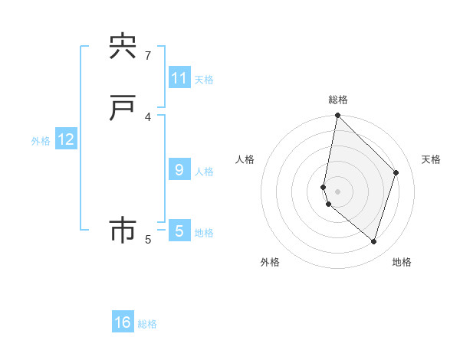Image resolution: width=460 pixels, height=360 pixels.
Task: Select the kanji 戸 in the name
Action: pos(123,109)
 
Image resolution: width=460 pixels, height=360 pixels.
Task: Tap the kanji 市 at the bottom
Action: pos(123,231)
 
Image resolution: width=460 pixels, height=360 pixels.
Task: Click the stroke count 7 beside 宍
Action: pos(148,55)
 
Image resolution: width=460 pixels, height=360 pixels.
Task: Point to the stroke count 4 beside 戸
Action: pos(148,116)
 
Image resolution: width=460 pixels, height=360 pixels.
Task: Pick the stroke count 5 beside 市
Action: pos(148,239)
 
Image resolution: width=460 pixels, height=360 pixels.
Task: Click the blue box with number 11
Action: pos(179,78)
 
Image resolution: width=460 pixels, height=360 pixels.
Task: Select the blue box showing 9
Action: pos(179,170)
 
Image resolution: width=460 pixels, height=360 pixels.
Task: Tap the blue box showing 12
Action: pos(66,139)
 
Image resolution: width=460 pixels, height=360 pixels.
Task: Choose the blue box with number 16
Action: pos(123,322)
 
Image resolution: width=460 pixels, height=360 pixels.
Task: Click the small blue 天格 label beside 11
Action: pos(204,80)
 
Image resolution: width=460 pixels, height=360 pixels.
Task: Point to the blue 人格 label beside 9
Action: pos(204,172)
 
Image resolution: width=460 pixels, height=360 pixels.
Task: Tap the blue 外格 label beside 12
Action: pos(41,141)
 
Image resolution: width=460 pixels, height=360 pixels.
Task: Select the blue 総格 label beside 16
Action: pos(147,324)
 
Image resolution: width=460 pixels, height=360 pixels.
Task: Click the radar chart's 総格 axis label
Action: pos(338,100)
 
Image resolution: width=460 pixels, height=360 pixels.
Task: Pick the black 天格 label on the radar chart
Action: pos(431,159)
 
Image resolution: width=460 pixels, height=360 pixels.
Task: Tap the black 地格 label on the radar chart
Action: pos(402,262)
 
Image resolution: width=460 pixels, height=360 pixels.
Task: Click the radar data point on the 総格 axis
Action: pos(337,116)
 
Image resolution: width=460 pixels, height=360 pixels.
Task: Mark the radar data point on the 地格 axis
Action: pos(373,242)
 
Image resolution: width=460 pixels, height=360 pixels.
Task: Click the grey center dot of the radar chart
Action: pos(337,190)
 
